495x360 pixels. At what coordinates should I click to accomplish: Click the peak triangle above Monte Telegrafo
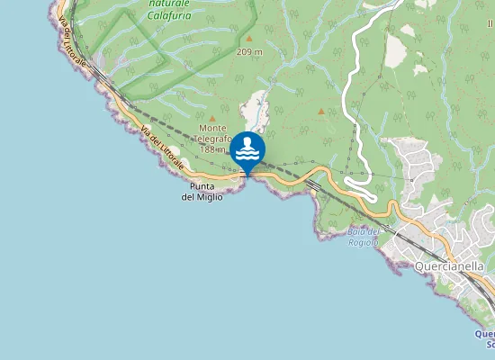[212, 118]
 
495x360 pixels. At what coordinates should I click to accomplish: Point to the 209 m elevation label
[249, 52]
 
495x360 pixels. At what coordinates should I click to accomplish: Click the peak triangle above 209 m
[249, 40]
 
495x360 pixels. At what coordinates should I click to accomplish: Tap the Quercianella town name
[449, 266]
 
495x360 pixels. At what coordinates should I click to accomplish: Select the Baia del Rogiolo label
[363, 237]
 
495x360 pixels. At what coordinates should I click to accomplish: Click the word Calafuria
[169, 15]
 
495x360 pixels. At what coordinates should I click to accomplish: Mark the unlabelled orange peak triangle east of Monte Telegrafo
[321, 112]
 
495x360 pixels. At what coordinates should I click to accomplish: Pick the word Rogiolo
[364, 242]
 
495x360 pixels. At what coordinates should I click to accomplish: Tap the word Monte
[212, 128]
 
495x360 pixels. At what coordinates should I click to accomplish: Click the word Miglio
[208, 196]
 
